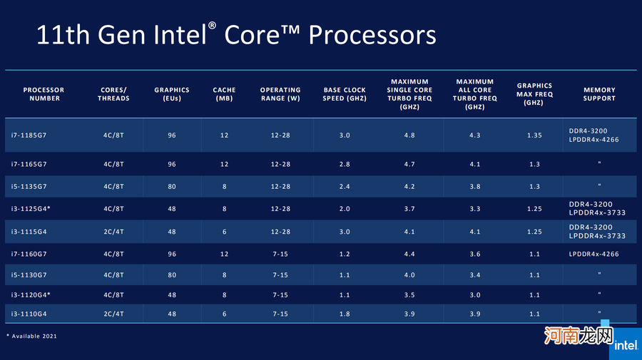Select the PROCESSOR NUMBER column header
coord(44,94)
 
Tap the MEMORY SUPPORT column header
coord(599,94)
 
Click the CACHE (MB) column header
coord(224,94)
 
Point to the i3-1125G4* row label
coord(41,209)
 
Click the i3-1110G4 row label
coord(39,314)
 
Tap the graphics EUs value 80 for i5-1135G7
coord(172,187)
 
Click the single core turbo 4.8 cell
coord(409,135)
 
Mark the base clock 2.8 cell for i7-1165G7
coord(345,164)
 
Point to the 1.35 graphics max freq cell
coord(534,135)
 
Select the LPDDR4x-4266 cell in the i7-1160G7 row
coord(593,254)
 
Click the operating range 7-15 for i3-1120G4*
coord(280,294)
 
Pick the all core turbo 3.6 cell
coord(474,254)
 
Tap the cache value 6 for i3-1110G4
coord(224,314)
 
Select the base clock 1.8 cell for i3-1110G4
coord(345,314)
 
